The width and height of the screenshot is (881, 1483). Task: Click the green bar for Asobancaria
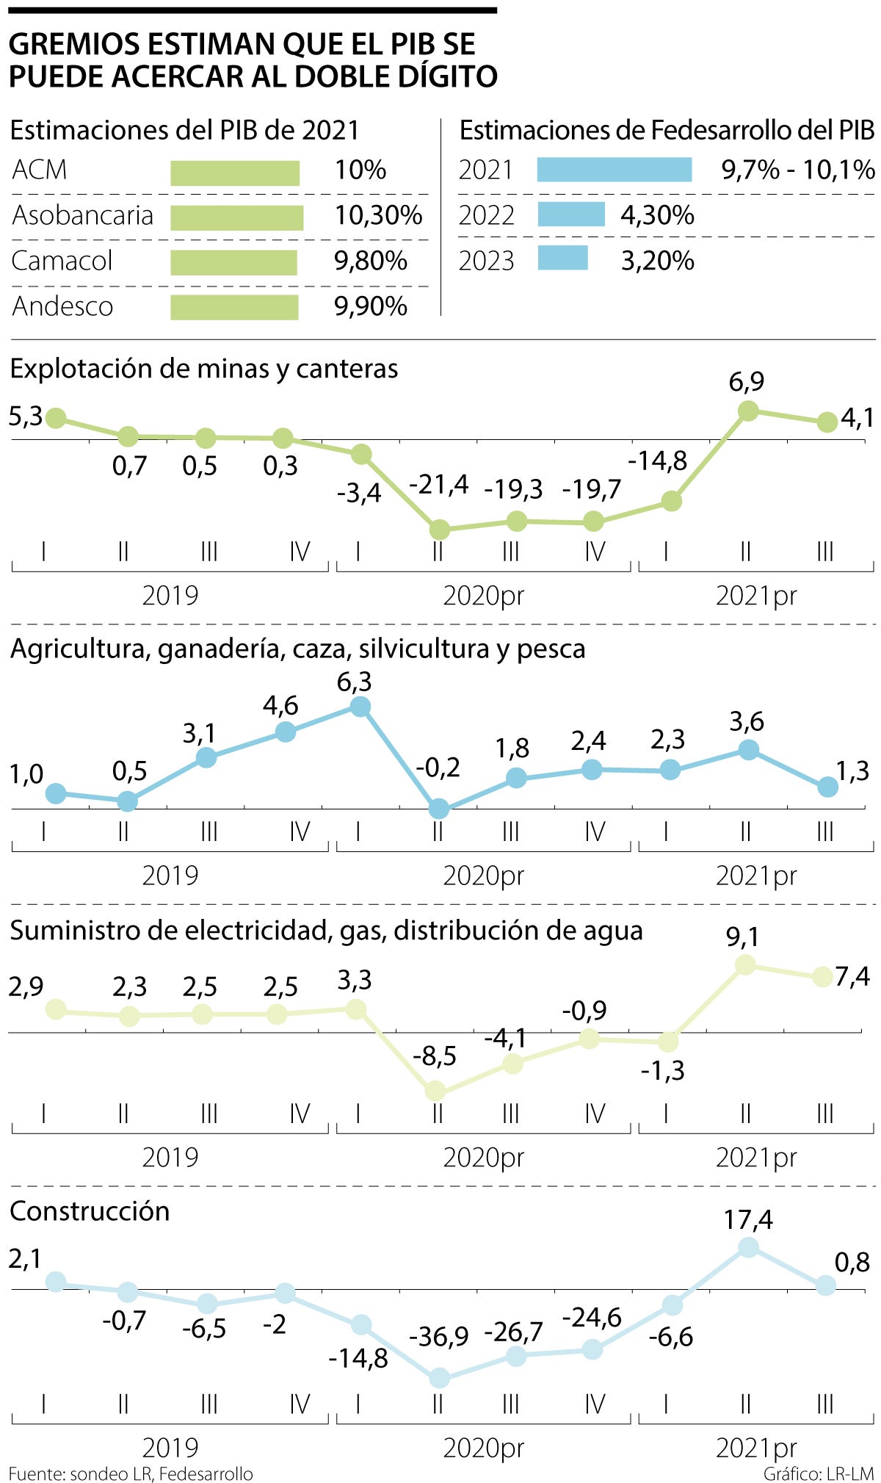(x=236, y=217)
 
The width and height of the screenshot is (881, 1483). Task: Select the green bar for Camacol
(x=233, y=262)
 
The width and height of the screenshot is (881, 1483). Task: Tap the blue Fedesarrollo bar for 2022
(x=570, y=214)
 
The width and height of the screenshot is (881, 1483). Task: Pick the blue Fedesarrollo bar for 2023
(x=562, y=258)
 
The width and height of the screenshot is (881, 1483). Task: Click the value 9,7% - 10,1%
(x=798, y=170)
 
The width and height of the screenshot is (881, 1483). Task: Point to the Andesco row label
(x=62, y=306)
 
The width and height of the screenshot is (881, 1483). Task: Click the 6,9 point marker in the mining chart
(x=747, y=411)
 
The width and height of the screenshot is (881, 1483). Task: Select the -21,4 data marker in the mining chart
(x=439, y=529)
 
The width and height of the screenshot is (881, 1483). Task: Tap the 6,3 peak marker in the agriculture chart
(x=360, y=707)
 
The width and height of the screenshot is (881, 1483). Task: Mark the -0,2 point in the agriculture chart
(x=439, y=809)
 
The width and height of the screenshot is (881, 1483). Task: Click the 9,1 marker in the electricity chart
(x=745, y=964)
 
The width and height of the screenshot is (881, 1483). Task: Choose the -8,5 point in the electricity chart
(x=435, y=1091)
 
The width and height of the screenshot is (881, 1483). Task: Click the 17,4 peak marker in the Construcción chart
(x=748, y=1246)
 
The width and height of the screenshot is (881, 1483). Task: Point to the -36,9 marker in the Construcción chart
(x=439, y=1377)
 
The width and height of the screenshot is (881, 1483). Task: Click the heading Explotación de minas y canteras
(x=204, y=369)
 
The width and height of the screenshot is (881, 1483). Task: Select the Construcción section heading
(x=90, y=1211)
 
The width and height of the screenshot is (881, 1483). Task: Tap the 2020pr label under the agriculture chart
(x=483, y=876)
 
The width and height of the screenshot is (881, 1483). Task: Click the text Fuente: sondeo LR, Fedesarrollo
(x=131, y=1473)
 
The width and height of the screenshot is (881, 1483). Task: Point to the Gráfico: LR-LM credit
(x=818, y=1473)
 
